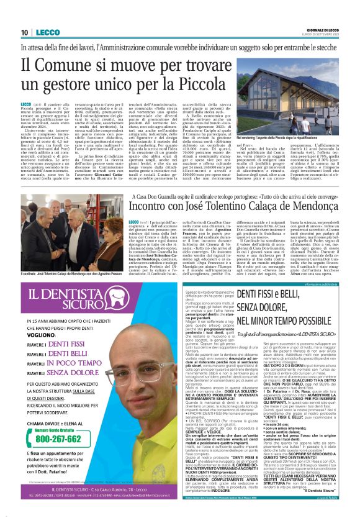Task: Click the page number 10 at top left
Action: coord(24,32)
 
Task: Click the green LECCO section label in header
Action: coord(46,32)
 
